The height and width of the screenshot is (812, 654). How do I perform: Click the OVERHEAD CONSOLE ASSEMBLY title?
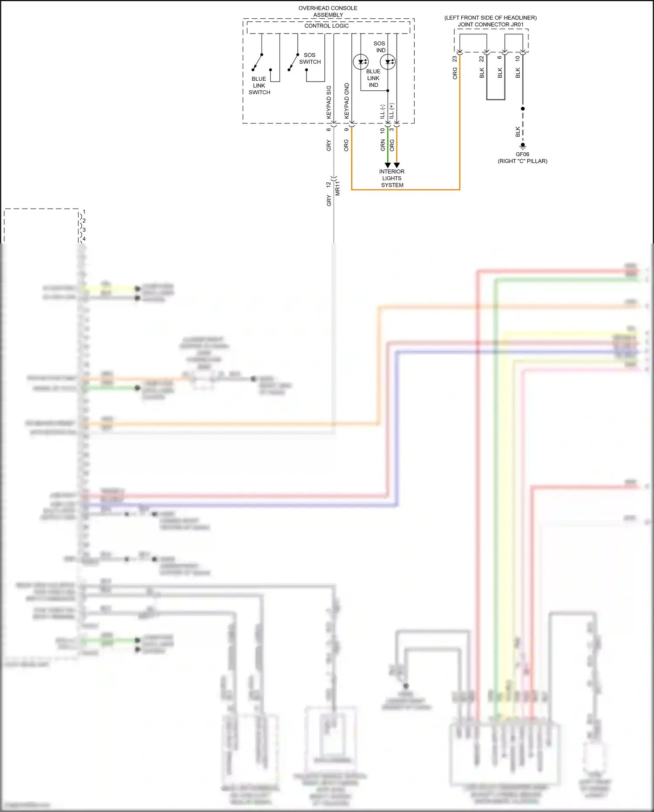pos(328,11)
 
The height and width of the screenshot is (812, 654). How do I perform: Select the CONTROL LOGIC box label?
pos(327,26)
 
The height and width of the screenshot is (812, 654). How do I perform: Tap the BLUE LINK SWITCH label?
pos(259,86)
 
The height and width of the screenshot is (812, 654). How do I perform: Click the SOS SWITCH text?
pos(310,58)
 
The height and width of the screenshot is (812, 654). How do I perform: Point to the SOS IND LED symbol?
pos(388,62)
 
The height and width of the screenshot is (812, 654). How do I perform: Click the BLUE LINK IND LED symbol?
pos(361,62)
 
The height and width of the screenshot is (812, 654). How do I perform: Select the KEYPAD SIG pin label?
pos(329,102)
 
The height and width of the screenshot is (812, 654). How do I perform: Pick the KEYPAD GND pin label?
pos(347,101)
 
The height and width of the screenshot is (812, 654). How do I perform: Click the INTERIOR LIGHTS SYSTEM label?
pos(392,178)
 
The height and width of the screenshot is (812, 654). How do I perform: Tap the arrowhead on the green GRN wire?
pos(388,165)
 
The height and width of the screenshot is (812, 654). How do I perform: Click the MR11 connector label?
pos(337,188)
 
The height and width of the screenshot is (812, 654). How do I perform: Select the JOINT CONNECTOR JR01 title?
pos(490,24)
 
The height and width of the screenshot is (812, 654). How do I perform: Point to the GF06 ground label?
pos(522,154)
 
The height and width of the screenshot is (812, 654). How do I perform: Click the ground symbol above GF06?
pos(523,146)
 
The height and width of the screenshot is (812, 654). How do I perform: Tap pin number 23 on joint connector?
pos(455,58)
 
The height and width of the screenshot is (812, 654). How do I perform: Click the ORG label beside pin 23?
pos(455,73)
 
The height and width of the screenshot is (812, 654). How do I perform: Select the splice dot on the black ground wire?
pos(523,109)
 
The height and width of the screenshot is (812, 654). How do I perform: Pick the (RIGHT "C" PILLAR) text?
pos(522,161)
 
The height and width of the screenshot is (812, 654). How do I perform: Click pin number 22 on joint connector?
pos(481,58)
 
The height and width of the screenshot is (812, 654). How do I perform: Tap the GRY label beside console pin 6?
pos(329,146)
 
